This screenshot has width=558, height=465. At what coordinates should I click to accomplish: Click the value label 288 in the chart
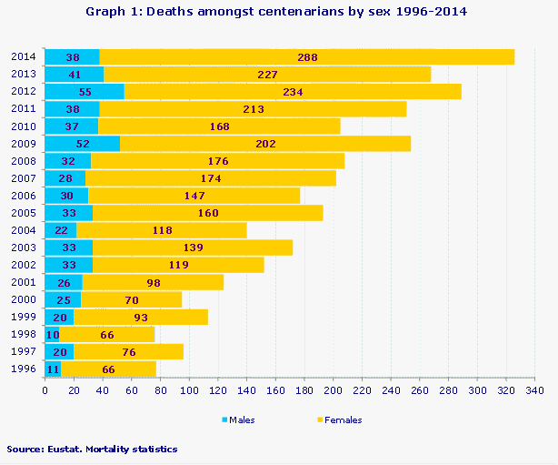click(x=307, y=56)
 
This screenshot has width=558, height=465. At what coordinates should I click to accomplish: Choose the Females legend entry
click(x=342, y=420)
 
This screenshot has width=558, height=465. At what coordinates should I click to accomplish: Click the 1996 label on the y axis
click(x=24, y=369)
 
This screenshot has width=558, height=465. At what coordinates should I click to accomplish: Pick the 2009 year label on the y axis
click(x=24, y=143)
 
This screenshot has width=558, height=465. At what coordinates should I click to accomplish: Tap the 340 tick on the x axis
click(x=535, y=390)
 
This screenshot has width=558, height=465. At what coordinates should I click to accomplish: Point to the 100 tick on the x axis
click(x=189, y=390)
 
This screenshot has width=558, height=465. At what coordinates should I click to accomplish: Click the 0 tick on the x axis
click(x=45, y=390)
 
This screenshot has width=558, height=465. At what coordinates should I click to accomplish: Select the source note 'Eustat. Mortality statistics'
click(x=91, y=449)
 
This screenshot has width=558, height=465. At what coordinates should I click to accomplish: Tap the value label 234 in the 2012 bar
click(x=293, y=91)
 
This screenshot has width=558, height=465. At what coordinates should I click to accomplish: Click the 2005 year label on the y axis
click(x=24, y=212)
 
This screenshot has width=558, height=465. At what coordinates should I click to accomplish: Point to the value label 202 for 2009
click(x=264, y=143)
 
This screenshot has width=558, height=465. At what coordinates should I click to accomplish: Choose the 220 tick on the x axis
click(x=362, y=390)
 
